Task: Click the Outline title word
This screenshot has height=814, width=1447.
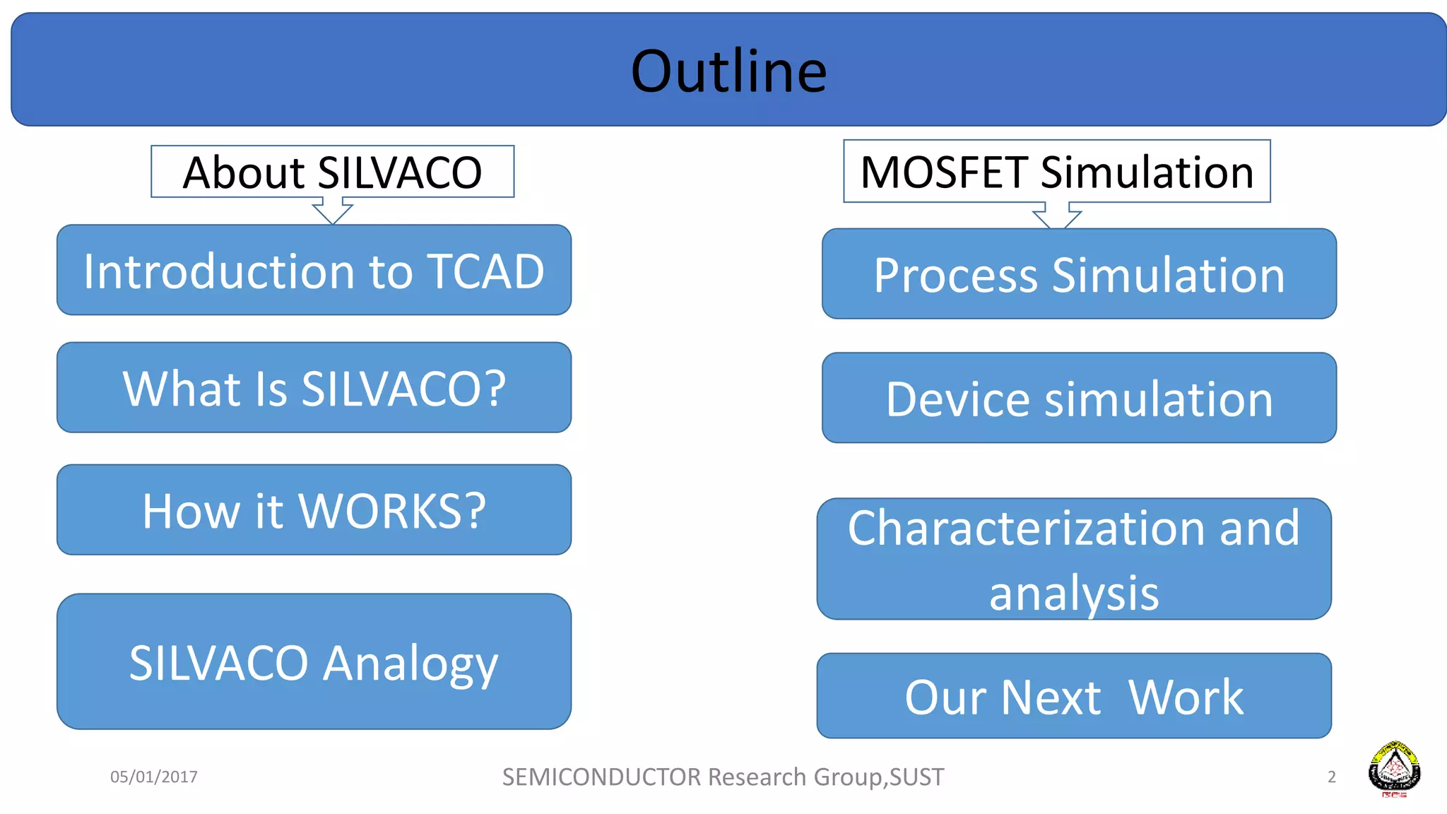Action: click(728, 71)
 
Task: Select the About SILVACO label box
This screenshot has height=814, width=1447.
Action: click(332, 172)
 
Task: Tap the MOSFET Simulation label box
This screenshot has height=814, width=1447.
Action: click(1056, 172)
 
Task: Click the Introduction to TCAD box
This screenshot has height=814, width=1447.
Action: click(314, 271)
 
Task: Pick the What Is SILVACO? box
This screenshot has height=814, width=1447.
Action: click(314, 388)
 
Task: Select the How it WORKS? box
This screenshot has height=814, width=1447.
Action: click(314, 510)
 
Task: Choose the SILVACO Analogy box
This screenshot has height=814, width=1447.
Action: click(314, 662)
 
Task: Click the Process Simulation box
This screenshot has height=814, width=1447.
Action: click(1079, 274)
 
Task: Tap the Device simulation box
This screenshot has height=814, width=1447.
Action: click(1079, 399)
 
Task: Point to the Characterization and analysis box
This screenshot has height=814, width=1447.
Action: click(1074, 559)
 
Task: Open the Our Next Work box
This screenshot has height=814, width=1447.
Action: click(1074, 697)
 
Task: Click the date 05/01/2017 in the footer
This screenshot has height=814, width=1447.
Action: click(154, 777)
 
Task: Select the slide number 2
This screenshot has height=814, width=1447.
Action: click(1331, 777)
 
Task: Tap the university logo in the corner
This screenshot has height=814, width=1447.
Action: click(1394, 769)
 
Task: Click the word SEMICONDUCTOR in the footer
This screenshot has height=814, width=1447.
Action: click(601, 777)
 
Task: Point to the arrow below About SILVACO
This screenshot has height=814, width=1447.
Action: click(332, 211)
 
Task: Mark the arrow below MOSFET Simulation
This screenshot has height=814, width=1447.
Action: click(1057, 216)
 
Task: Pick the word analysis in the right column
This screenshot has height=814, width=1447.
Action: click(1074, 593)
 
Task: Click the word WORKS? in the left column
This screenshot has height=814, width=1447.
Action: click(392, 511)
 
